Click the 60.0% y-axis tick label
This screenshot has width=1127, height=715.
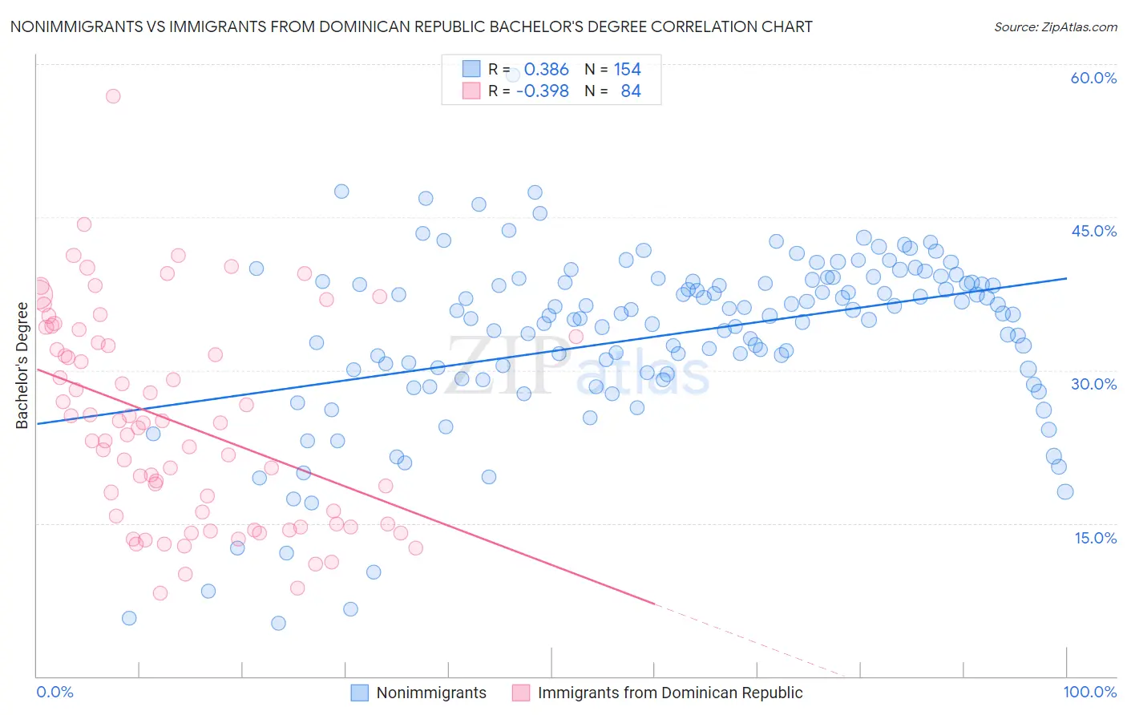click(1093, 78)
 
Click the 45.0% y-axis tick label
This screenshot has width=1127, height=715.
click(1093, 231)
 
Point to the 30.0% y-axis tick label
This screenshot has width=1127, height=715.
click(1093, 384)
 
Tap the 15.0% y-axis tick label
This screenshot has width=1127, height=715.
click(1095, 537)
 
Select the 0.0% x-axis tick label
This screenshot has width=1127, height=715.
click(55, 692)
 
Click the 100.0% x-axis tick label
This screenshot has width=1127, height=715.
click(1089, 692)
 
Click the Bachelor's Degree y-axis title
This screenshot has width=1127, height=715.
click(22, 366)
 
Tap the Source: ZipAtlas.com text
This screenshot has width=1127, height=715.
click(1055, 26)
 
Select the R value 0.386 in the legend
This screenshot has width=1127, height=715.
click(546, 70)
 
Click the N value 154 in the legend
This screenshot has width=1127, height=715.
click(627, 70)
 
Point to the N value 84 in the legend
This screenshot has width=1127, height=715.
click(630, 91)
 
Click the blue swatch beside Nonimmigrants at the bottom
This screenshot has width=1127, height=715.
click(360, 693)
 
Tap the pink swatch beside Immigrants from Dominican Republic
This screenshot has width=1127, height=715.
click(521, 693)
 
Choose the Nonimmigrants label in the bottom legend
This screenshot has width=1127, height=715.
click(431, 693)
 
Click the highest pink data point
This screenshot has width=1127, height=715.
click(113, 96)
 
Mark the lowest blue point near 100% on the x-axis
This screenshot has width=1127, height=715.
click(1064, 491)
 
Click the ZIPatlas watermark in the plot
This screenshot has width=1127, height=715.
click(577, 367)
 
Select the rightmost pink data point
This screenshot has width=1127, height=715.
click(576, 337)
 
